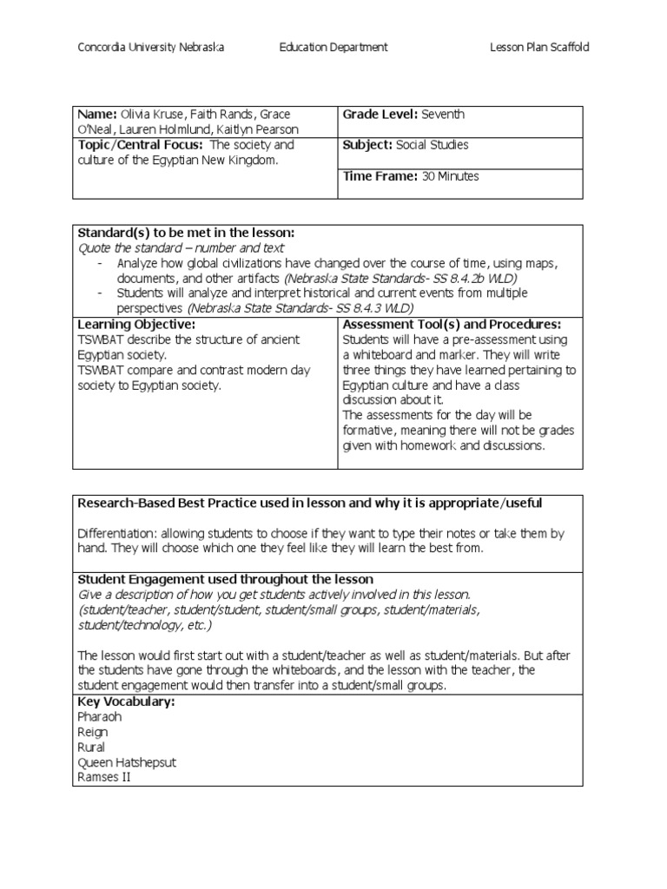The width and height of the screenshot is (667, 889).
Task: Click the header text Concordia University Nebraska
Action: (152, 48)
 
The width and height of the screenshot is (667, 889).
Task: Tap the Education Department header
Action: (333, 48)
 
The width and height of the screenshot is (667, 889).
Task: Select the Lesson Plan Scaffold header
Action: (539, 48)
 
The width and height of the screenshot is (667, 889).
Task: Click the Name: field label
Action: (96, 115)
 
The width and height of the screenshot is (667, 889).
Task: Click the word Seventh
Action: (443, 115)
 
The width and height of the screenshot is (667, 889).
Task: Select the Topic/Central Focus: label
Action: (141, 145)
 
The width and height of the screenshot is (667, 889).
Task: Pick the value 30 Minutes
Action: (451, 176)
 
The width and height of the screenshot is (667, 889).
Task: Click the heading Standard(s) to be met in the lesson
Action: (187, 233)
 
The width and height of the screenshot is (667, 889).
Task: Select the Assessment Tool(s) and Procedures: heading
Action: (452, 324)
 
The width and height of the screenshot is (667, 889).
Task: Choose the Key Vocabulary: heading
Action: (127, 701)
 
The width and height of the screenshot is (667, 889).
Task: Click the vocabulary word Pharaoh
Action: (100, 716)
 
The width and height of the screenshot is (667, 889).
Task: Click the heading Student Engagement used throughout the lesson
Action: (226, 579)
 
